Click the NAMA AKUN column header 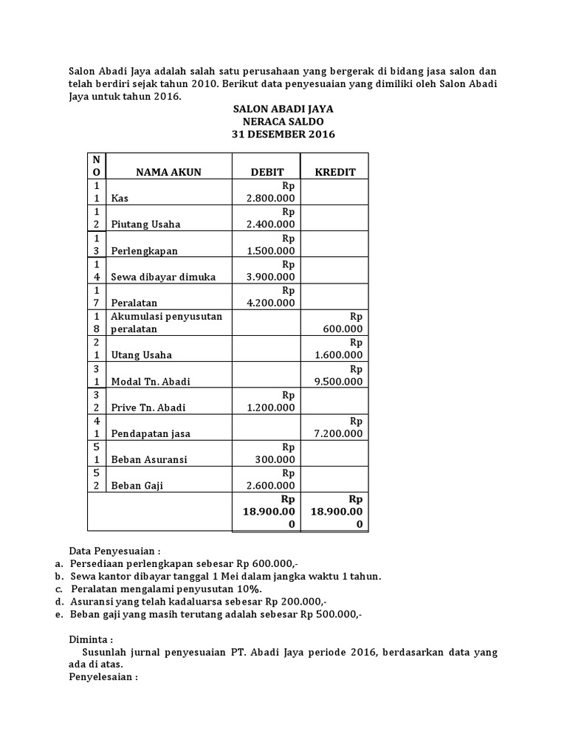[168, 172]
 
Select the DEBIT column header [267, 172]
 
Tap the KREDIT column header [335, 172]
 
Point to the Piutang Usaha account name [145, 224]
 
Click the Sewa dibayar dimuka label [163, 277]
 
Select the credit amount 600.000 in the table [343, 329]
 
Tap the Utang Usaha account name [141, 355]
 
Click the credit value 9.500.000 [339, 382]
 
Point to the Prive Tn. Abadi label [148, 408]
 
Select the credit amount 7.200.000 [339, 433]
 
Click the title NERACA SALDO [283, 121]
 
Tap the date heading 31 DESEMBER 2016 [283, 134]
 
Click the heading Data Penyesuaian [114, 551]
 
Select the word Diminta [89, 639]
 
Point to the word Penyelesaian [103, 676]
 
